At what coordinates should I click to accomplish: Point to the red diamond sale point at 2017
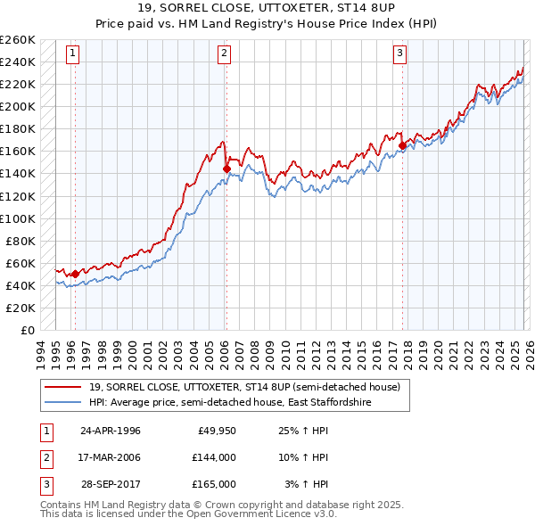[x=403, y=145]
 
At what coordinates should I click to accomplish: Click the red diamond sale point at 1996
[x=75, y=274]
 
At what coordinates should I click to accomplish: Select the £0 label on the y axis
[x=29, y=330]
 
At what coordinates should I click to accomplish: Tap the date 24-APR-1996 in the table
[x=111, y=431]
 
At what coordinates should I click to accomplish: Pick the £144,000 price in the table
[x=214, y=457]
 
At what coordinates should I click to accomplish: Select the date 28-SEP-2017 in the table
[x=111, y=484]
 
